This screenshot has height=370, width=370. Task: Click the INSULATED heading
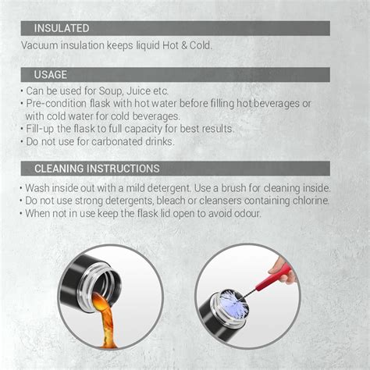click(60, 29)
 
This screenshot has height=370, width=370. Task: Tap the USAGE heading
click(51, 75)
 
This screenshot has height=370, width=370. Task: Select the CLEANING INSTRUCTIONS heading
click(97, 169)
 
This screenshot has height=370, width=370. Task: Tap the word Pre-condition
click(57, 103)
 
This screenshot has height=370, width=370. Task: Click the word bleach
click(167, 201)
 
